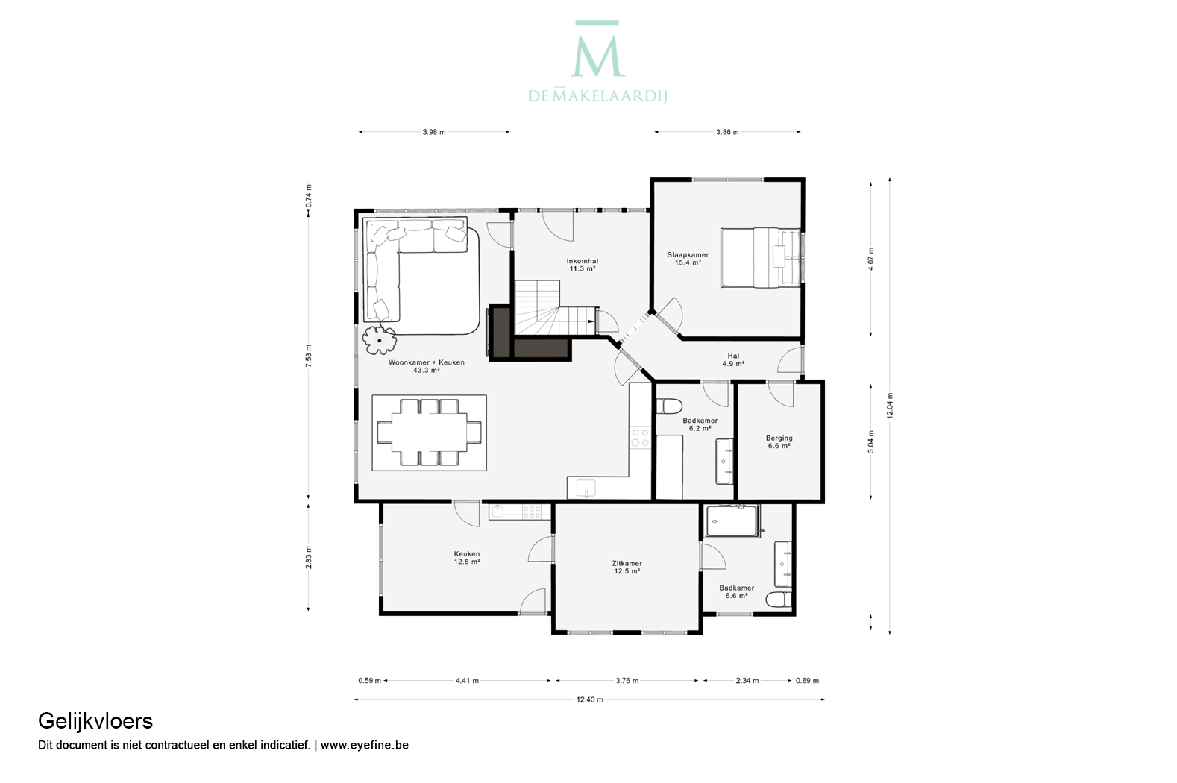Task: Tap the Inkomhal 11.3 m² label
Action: [583, 265]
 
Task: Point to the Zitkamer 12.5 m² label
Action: [627, 567]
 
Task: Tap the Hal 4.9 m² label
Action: [733, 360]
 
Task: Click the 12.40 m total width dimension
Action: [589, 700]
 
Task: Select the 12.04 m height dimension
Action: [890, 406]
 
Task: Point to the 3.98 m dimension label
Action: [434, 133]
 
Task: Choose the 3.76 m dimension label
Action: [627, 681]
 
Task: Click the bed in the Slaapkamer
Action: [761, 258]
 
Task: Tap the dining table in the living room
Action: [429, 433]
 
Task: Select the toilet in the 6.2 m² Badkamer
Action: [669, 406]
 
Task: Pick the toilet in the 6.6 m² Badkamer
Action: [779, 600]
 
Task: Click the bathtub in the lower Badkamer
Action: [732, 521]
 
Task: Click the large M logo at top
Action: [597, 49]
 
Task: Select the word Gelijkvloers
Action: [95, 722]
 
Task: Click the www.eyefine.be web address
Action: [365, 745]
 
